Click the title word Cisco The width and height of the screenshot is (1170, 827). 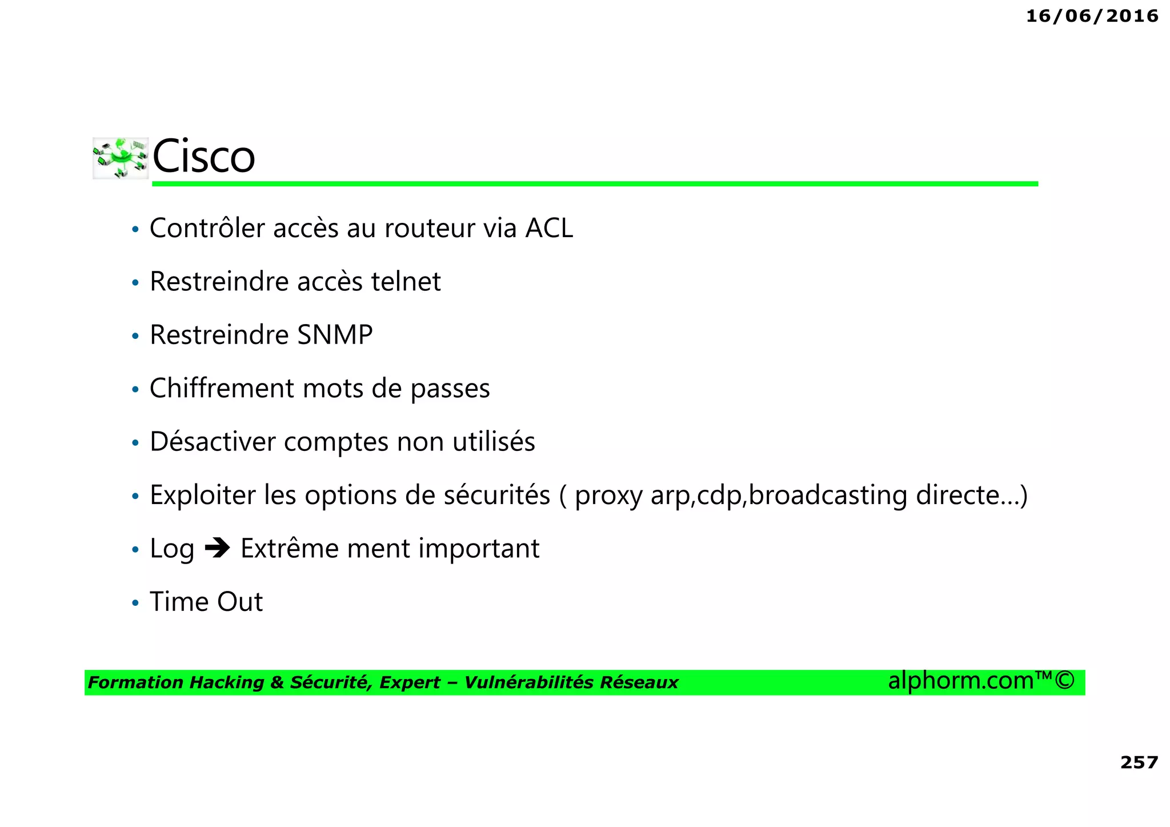tap(203, 157)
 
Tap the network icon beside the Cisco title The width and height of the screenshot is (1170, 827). tap(121, 158)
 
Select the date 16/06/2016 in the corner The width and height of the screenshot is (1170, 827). tap(1092, 16)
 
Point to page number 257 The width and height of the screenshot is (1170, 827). tap(1139, 762)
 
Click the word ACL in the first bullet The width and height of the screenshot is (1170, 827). tap(549, 229)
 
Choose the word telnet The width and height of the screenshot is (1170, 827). tap(406, 282)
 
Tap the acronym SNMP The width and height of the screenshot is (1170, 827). tap(335, 335)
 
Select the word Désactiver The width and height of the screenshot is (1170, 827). tap(212, 442)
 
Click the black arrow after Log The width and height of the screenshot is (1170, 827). tap(217, 549)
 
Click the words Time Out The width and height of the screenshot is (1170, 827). tap(206, 602)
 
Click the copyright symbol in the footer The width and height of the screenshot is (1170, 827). tap(1064, 681)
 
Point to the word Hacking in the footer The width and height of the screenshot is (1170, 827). tap(226, 682)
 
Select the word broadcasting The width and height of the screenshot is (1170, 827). tap(828, 496)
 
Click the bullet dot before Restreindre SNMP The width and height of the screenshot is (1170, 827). tap(135, 336)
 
